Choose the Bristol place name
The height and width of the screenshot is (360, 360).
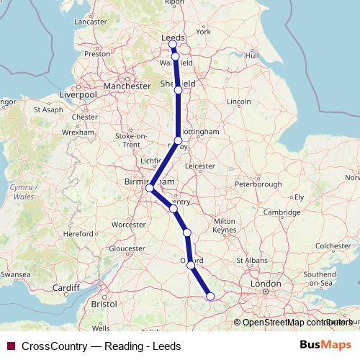click(x=104, y=305)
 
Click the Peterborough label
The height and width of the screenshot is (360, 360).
click(x=258, y=184)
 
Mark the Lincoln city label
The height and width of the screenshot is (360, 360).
click(x=238, y=102)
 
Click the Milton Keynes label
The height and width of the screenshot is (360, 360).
click(x=225, y=224)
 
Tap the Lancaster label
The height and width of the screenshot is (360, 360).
click(x=90, y=22)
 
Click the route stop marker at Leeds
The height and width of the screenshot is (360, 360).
click(x=173, y=45)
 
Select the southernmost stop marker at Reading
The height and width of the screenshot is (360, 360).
click(x=210, y=296)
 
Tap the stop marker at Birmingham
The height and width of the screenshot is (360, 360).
click(x=150, y=189)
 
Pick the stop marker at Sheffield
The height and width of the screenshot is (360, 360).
click(x=178, y=90)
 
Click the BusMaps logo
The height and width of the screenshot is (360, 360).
click(x=325, y=346)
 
